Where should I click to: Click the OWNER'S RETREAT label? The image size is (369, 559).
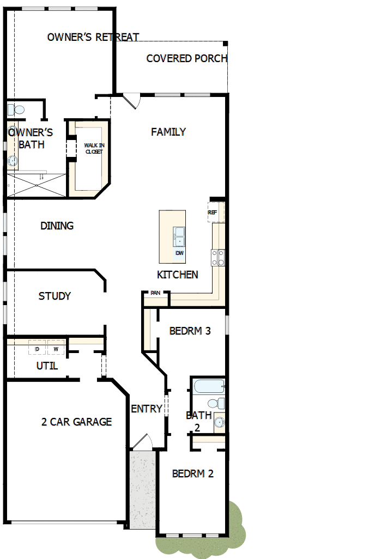[x=93, y=37]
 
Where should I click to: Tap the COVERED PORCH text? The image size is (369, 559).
[x=186, y=58]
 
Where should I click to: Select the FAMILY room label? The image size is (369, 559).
[x=168, y=132]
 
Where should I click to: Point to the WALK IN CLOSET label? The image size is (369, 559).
[x=93, y=148]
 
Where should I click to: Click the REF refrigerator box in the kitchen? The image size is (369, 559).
[x=213, y=212]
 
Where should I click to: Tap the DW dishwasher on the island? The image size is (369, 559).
[x=179, y=253]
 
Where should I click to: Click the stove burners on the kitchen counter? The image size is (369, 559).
[x=217, y=257]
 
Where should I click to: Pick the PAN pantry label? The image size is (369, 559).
[x=155, y=293]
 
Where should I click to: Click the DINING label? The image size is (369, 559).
[x=57, y=226]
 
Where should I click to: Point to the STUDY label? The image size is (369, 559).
[x=55, y=296]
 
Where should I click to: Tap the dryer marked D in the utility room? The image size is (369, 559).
[x=38, y=349]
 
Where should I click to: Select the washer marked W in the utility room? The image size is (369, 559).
[x=56, y=349]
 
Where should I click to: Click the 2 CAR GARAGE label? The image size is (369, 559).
[x=76, y=422]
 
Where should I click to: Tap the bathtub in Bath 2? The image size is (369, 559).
[x=209, y=387]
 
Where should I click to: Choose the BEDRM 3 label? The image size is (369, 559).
[x=190, y=331]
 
